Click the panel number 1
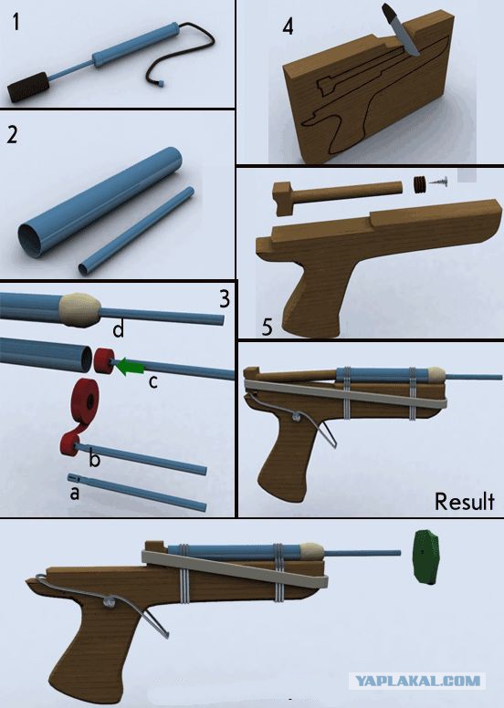16,22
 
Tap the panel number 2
13,134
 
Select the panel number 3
225,299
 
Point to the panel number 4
288,26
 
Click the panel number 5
268,328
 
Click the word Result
464,502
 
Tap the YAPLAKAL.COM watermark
417,681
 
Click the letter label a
75,493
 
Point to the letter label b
94,459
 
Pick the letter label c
153,382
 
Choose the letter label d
118,329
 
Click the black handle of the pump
28,87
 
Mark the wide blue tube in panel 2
100,202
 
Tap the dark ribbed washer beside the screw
420,185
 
